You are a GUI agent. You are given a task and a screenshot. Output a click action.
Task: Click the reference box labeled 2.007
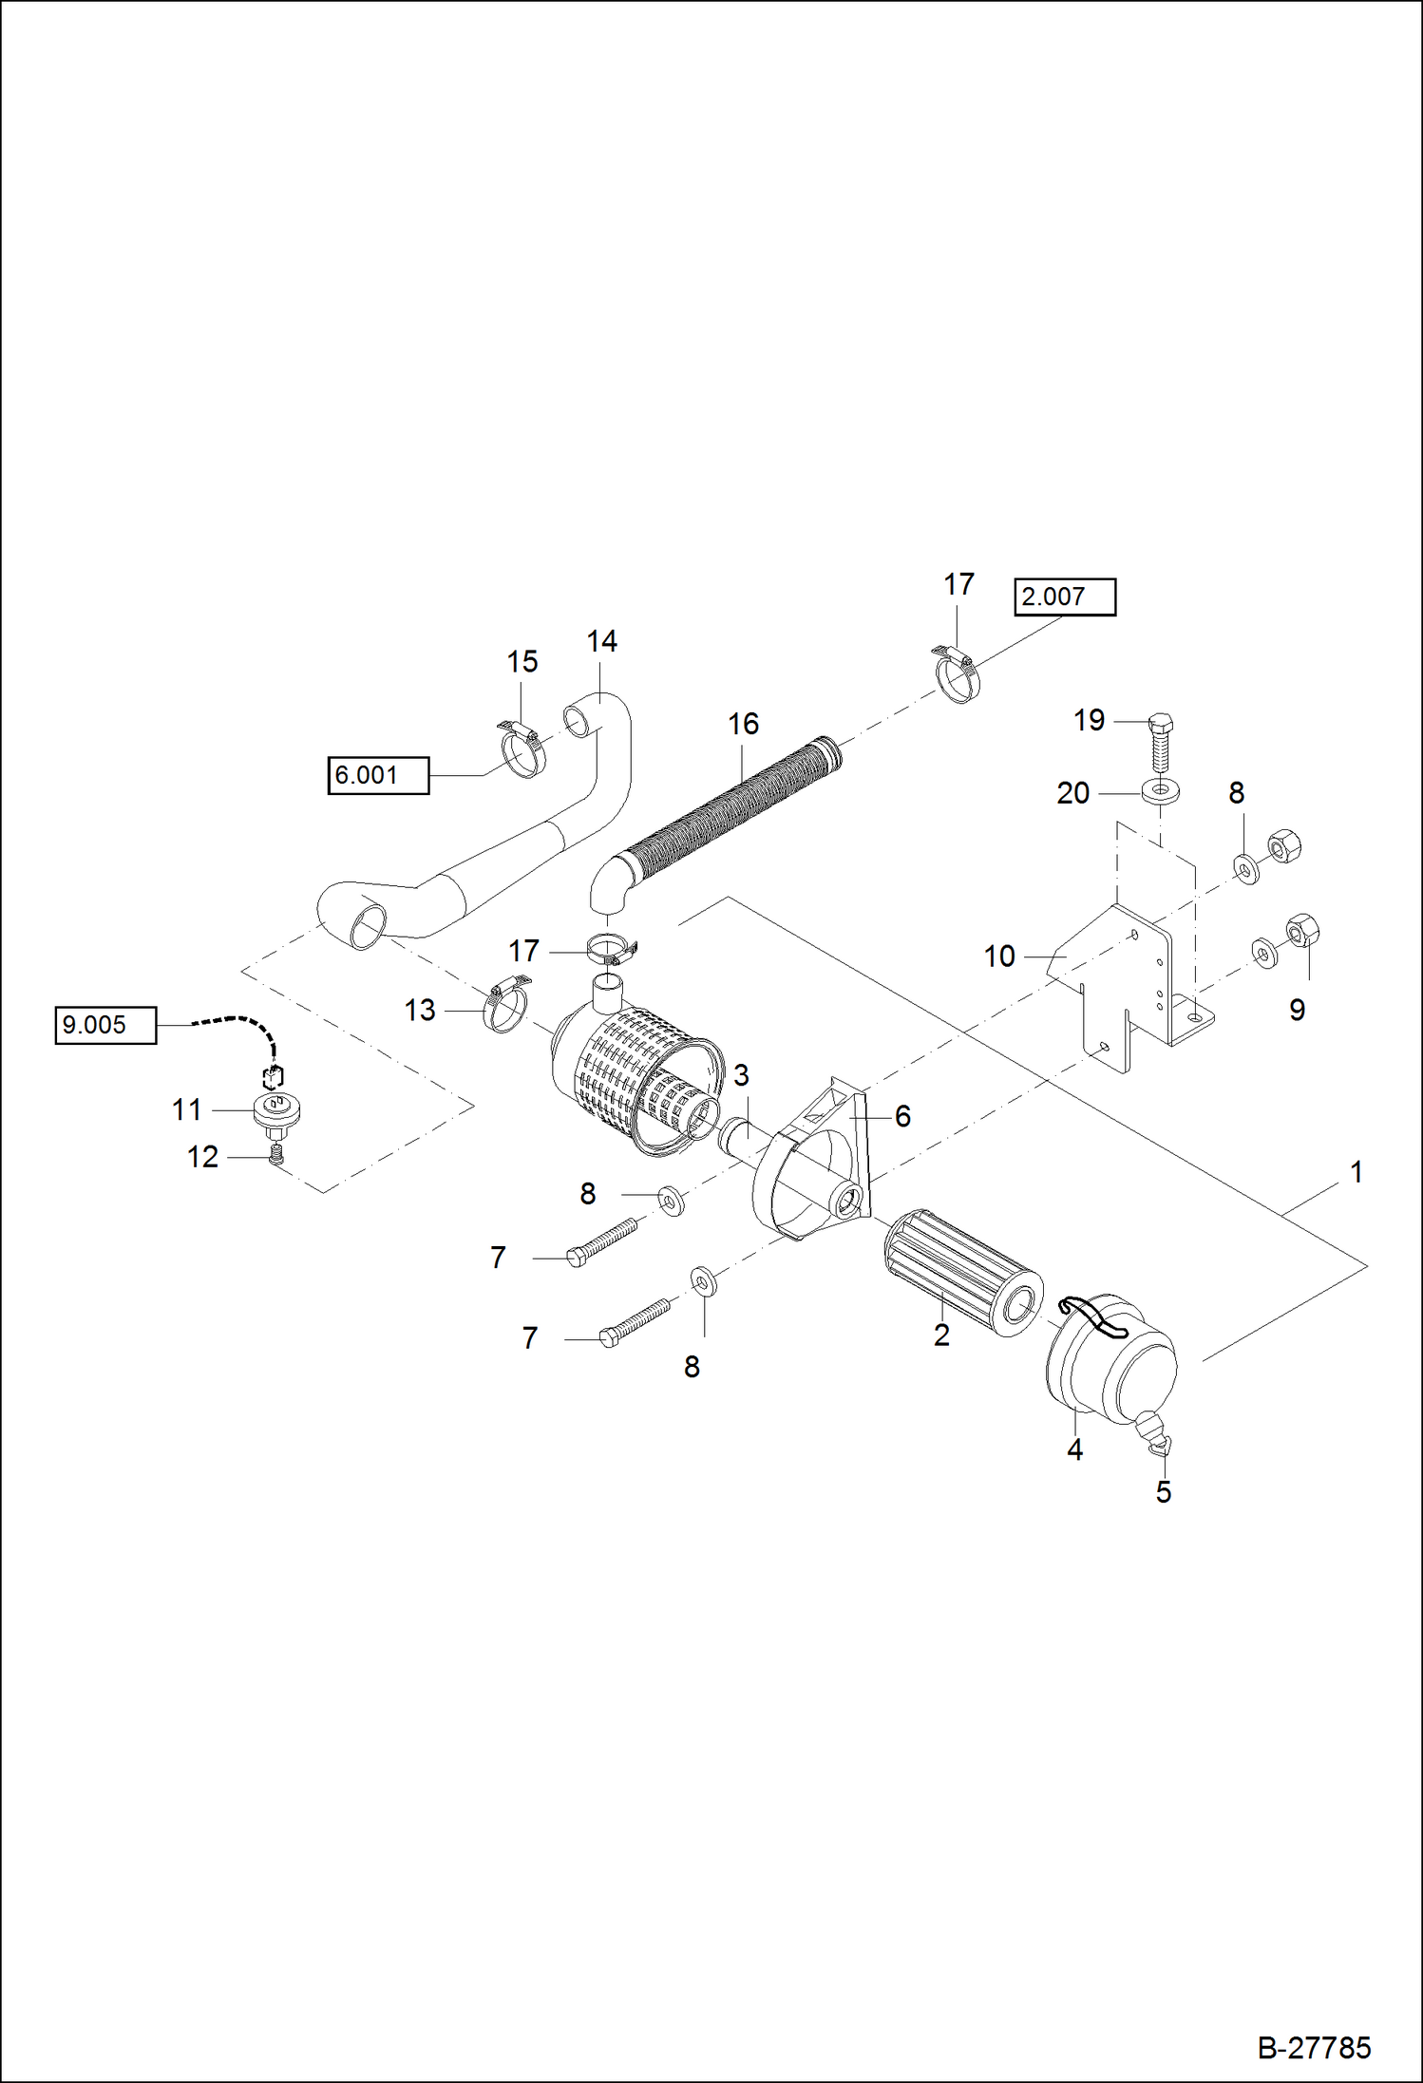(x=1064, y=596)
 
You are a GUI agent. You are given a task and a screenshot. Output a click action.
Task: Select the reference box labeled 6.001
(x=377, y=775)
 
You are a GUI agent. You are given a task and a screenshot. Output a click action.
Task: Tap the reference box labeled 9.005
(x=104, y=1025)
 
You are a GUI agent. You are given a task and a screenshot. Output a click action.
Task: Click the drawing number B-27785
(x=1314, y=2047)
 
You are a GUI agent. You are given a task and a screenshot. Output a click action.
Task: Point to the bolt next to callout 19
(x=1159, y=742)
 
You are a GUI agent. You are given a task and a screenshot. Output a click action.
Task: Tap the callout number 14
(x=601, y=642)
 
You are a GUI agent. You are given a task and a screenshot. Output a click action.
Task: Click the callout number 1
(x=1357, y=1172)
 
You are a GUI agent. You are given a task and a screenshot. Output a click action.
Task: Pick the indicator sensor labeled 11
(x=276, y=1111)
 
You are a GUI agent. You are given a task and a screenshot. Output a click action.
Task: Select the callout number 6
(x=902, y=1116)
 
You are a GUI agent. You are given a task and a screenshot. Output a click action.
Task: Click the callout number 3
(x=741, y=1076)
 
